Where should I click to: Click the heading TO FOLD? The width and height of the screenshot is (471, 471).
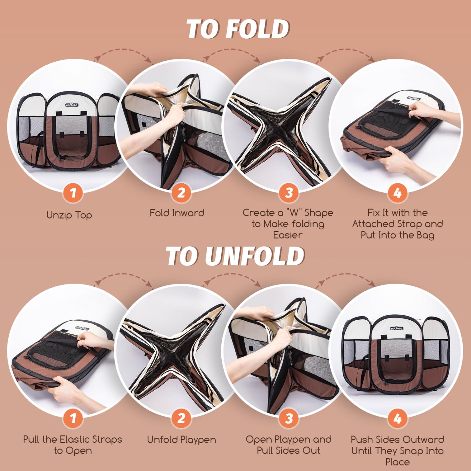coord(238,29)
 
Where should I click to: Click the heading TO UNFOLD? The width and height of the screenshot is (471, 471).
coord(235,256)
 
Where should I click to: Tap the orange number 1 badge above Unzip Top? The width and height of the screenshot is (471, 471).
coord(73,192)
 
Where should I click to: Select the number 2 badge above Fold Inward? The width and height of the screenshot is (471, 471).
coord(181,192)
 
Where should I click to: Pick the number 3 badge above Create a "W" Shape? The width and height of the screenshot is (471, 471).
coord(289,192)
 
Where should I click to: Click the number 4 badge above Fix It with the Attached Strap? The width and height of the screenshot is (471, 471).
coord(398,192)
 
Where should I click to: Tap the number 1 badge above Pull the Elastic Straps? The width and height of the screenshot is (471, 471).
coord(73,418)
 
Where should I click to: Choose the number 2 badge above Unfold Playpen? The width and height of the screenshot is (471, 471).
coord(181,418)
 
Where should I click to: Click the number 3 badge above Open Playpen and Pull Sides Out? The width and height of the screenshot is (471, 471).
coord(289,418)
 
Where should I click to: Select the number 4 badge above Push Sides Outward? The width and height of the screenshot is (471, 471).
coord(398,418)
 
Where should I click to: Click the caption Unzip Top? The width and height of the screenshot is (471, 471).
coord(69,215)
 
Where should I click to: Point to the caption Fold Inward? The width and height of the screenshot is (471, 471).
coord(177,213)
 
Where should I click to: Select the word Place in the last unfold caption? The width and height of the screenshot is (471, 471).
coord(398,462)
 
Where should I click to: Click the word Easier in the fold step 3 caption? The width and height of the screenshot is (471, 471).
coord(288,235)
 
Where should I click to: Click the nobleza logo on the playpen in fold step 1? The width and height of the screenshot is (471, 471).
coord(72,105)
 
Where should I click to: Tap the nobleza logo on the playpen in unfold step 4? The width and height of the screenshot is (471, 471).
coord(397,328)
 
